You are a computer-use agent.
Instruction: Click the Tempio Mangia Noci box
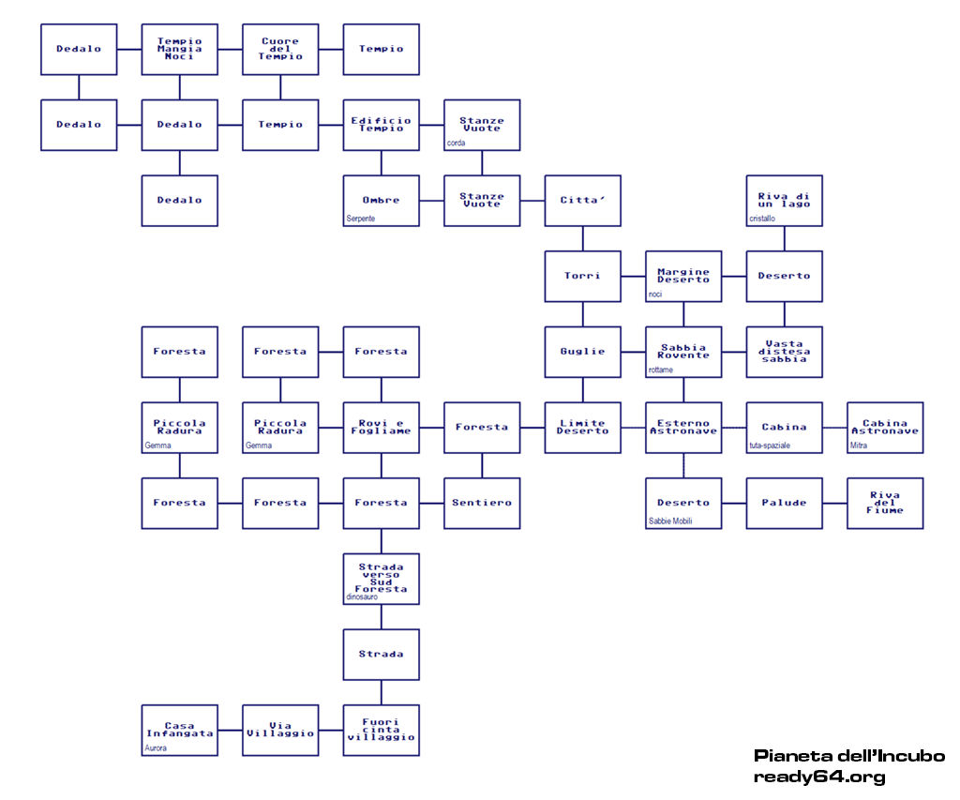[x=179, y=49]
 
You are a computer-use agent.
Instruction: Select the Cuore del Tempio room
[x=280, y=49]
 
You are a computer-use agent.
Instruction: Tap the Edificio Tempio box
[x=381, y=125]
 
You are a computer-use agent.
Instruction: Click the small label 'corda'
[x=457, y=143]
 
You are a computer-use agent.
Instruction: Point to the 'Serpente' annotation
[x=360, y=219]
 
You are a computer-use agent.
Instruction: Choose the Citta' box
[x=582, y=200]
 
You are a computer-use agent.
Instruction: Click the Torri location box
[x=582, y=276]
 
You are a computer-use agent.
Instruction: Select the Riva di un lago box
[x=784, y=200]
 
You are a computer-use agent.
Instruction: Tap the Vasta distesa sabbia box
[x=784, y=352]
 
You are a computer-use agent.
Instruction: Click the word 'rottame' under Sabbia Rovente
[x=661, y=370]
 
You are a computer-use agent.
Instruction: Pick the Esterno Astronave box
[x=683, y=428]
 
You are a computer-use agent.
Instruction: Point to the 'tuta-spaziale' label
[x=770, y=445]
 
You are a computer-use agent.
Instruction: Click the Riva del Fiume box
[x=885, y=503]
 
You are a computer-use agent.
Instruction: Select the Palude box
[x=784, y=503]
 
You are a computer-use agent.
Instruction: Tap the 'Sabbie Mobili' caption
[x=670, y=521]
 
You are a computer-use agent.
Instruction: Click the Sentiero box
[x=482, y=503]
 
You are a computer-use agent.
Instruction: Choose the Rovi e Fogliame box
[x=381, y=428]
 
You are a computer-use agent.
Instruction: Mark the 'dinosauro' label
[x=363, y=596]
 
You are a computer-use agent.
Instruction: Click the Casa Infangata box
[x=179, y=730]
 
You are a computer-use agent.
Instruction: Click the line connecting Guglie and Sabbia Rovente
[x=633, y=352]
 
